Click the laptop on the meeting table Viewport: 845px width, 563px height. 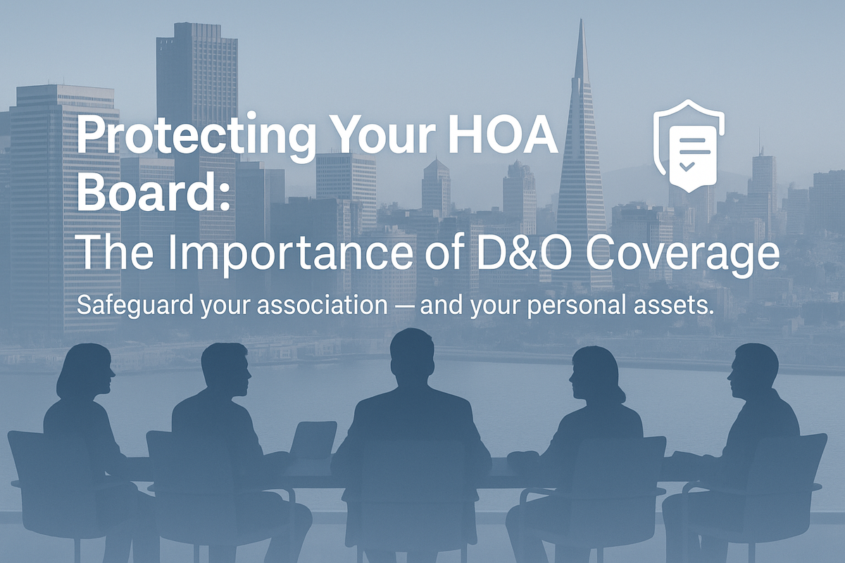[x=313, y=440]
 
